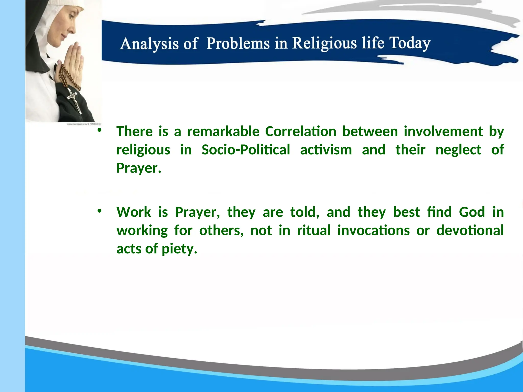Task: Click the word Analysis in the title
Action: click(149, 44)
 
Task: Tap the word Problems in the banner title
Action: click(238, 43)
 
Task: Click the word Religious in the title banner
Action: click(324, 43)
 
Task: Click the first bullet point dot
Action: click(99, 130)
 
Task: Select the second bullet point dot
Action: click(99, 211)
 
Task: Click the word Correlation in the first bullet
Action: click(301, 132)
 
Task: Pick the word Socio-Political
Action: click(246, 150)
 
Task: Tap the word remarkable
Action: click(223, 132)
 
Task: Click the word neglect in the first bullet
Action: click(458, 150)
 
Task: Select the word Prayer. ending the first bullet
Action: click(139, 168)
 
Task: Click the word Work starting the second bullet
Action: click(134, 212)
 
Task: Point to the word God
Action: click(472, 212)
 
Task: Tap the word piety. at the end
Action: click(180, 249)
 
